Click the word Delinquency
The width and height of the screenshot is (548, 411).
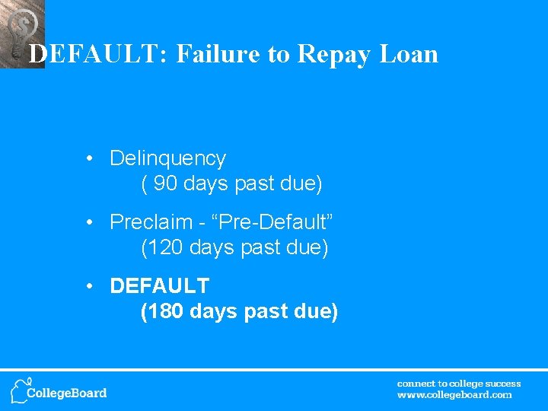pos(167,158)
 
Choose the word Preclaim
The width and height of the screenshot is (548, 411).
pos(151,222)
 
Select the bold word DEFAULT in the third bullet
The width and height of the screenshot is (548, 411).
pos(159,286)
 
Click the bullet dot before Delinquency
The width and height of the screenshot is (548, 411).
pos(90,159)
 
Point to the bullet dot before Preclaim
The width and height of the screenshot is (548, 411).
pos(90,223)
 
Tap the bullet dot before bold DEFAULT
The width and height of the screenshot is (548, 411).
pos(90,287)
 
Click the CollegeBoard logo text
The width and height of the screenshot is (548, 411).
pos(67,393)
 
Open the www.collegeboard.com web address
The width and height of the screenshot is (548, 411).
pos(454,395)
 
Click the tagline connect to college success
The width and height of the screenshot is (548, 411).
pos(459,384)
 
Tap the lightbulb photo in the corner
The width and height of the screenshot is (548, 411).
pos(21,30)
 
